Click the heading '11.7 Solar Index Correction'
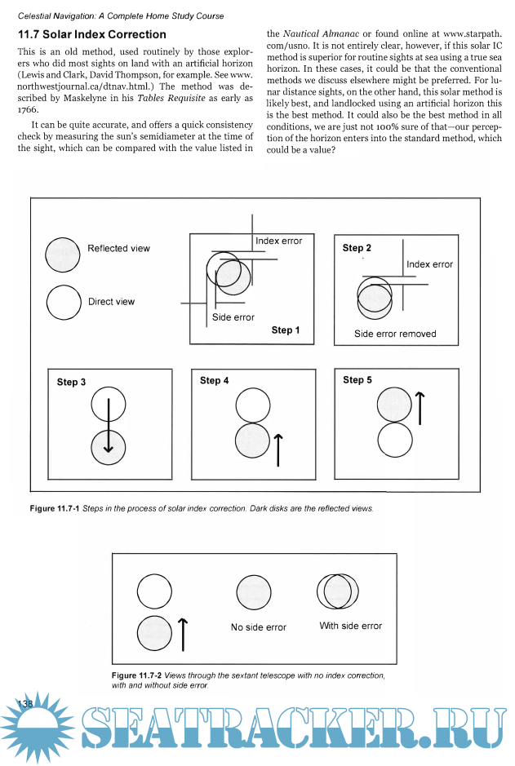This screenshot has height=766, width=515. (x=92, y=35)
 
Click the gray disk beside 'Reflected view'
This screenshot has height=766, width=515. (x=62, y=254)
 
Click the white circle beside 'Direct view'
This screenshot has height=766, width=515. (x=63, y=303)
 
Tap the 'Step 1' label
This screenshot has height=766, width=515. (x=286, y=330)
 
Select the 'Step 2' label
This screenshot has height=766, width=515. (x=357, y=248)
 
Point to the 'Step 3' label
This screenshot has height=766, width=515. (x=72, y=382)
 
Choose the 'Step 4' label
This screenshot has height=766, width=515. (x=214, y=380)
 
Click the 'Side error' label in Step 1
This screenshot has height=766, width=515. (x=233, y=317)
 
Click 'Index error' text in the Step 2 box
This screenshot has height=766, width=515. (x=429, y=264)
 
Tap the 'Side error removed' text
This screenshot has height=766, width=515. (x=395, y=334)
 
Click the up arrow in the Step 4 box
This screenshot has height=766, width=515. (x=279, y=449)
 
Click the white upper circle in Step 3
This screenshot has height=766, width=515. (x=109, y=405)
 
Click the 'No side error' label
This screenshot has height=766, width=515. (x=259, y=627)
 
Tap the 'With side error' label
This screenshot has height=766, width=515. (x=350, y=626)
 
